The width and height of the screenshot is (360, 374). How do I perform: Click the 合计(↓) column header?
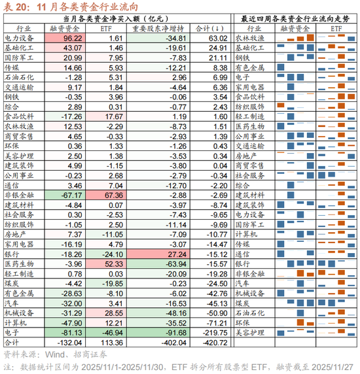click(x=209, y=29)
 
